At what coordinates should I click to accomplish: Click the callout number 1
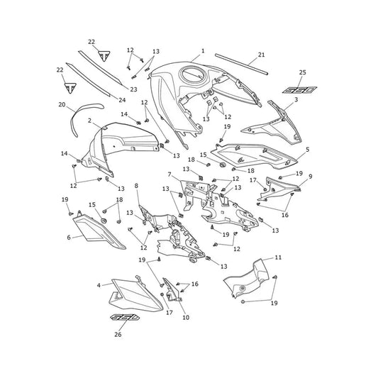203,51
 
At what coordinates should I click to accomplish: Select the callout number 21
261,55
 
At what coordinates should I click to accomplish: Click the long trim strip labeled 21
242,64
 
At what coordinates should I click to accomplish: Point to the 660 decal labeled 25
300,90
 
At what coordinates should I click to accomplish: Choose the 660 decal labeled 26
125,317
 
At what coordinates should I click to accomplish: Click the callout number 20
62,105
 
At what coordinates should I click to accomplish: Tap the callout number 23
133,89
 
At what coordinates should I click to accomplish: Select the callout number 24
122,100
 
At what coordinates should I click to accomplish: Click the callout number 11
278,257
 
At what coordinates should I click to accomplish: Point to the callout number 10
186,318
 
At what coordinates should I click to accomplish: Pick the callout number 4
99,285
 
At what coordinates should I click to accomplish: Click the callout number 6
69,238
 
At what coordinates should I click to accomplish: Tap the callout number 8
136,186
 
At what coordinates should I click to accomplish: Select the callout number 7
169,174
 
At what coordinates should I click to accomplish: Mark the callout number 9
311,177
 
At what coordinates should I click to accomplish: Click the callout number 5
308,150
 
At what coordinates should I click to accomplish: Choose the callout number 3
296,99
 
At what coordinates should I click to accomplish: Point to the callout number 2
89,121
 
